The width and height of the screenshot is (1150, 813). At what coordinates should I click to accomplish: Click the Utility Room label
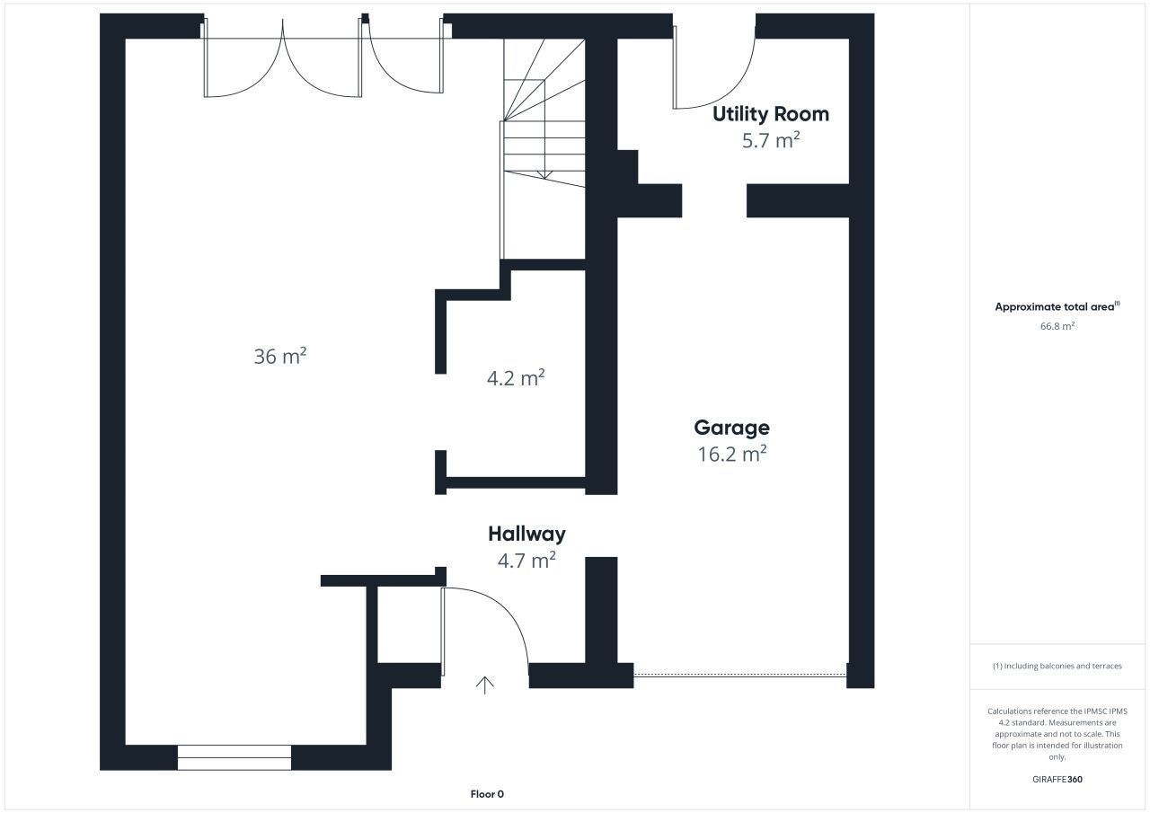point(771,114)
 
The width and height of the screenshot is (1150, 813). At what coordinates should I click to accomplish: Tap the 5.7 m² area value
point(771,140)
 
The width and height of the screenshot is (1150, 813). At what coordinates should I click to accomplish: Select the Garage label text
point(731,428)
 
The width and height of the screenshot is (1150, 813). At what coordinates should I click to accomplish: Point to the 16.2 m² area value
point(732,454)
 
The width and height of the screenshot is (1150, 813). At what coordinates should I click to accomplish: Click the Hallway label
point(526,534)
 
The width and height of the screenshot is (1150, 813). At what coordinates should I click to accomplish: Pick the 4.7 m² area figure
point(526,560)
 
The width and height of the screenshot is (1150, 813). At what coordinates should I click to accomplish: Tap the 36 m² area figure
point(280,357)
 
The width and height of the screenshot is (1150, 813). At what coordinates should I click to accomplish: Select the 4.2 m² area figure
point(516,378)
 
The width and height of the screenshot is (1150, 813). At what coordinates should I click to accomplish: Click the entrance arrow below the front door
point(484,685)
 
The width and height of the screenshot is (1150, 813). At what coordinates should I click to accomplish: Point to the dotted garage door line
point(739,675)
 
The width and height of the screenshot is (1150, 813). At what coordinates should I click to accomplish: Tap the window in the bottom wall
point(234,757)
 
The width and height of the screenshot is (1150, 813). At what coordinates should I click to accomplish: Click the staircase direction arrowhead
point(544,175)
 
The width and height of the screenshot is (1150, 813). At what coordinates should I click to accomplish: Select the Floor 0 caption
point(487,794)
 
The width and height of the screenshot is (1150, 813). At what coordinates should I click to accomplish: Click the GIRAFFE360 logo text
point(1057,779)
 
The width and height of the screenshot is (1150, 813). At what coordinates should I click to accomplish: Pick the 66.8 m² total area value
point(1057,326)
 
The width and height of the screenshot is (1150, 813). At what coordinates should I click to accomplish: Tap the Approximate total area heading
point(1057,306)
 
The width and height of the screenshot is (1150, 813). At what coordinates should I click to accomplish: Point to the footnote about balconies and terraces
point(1057,666)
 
